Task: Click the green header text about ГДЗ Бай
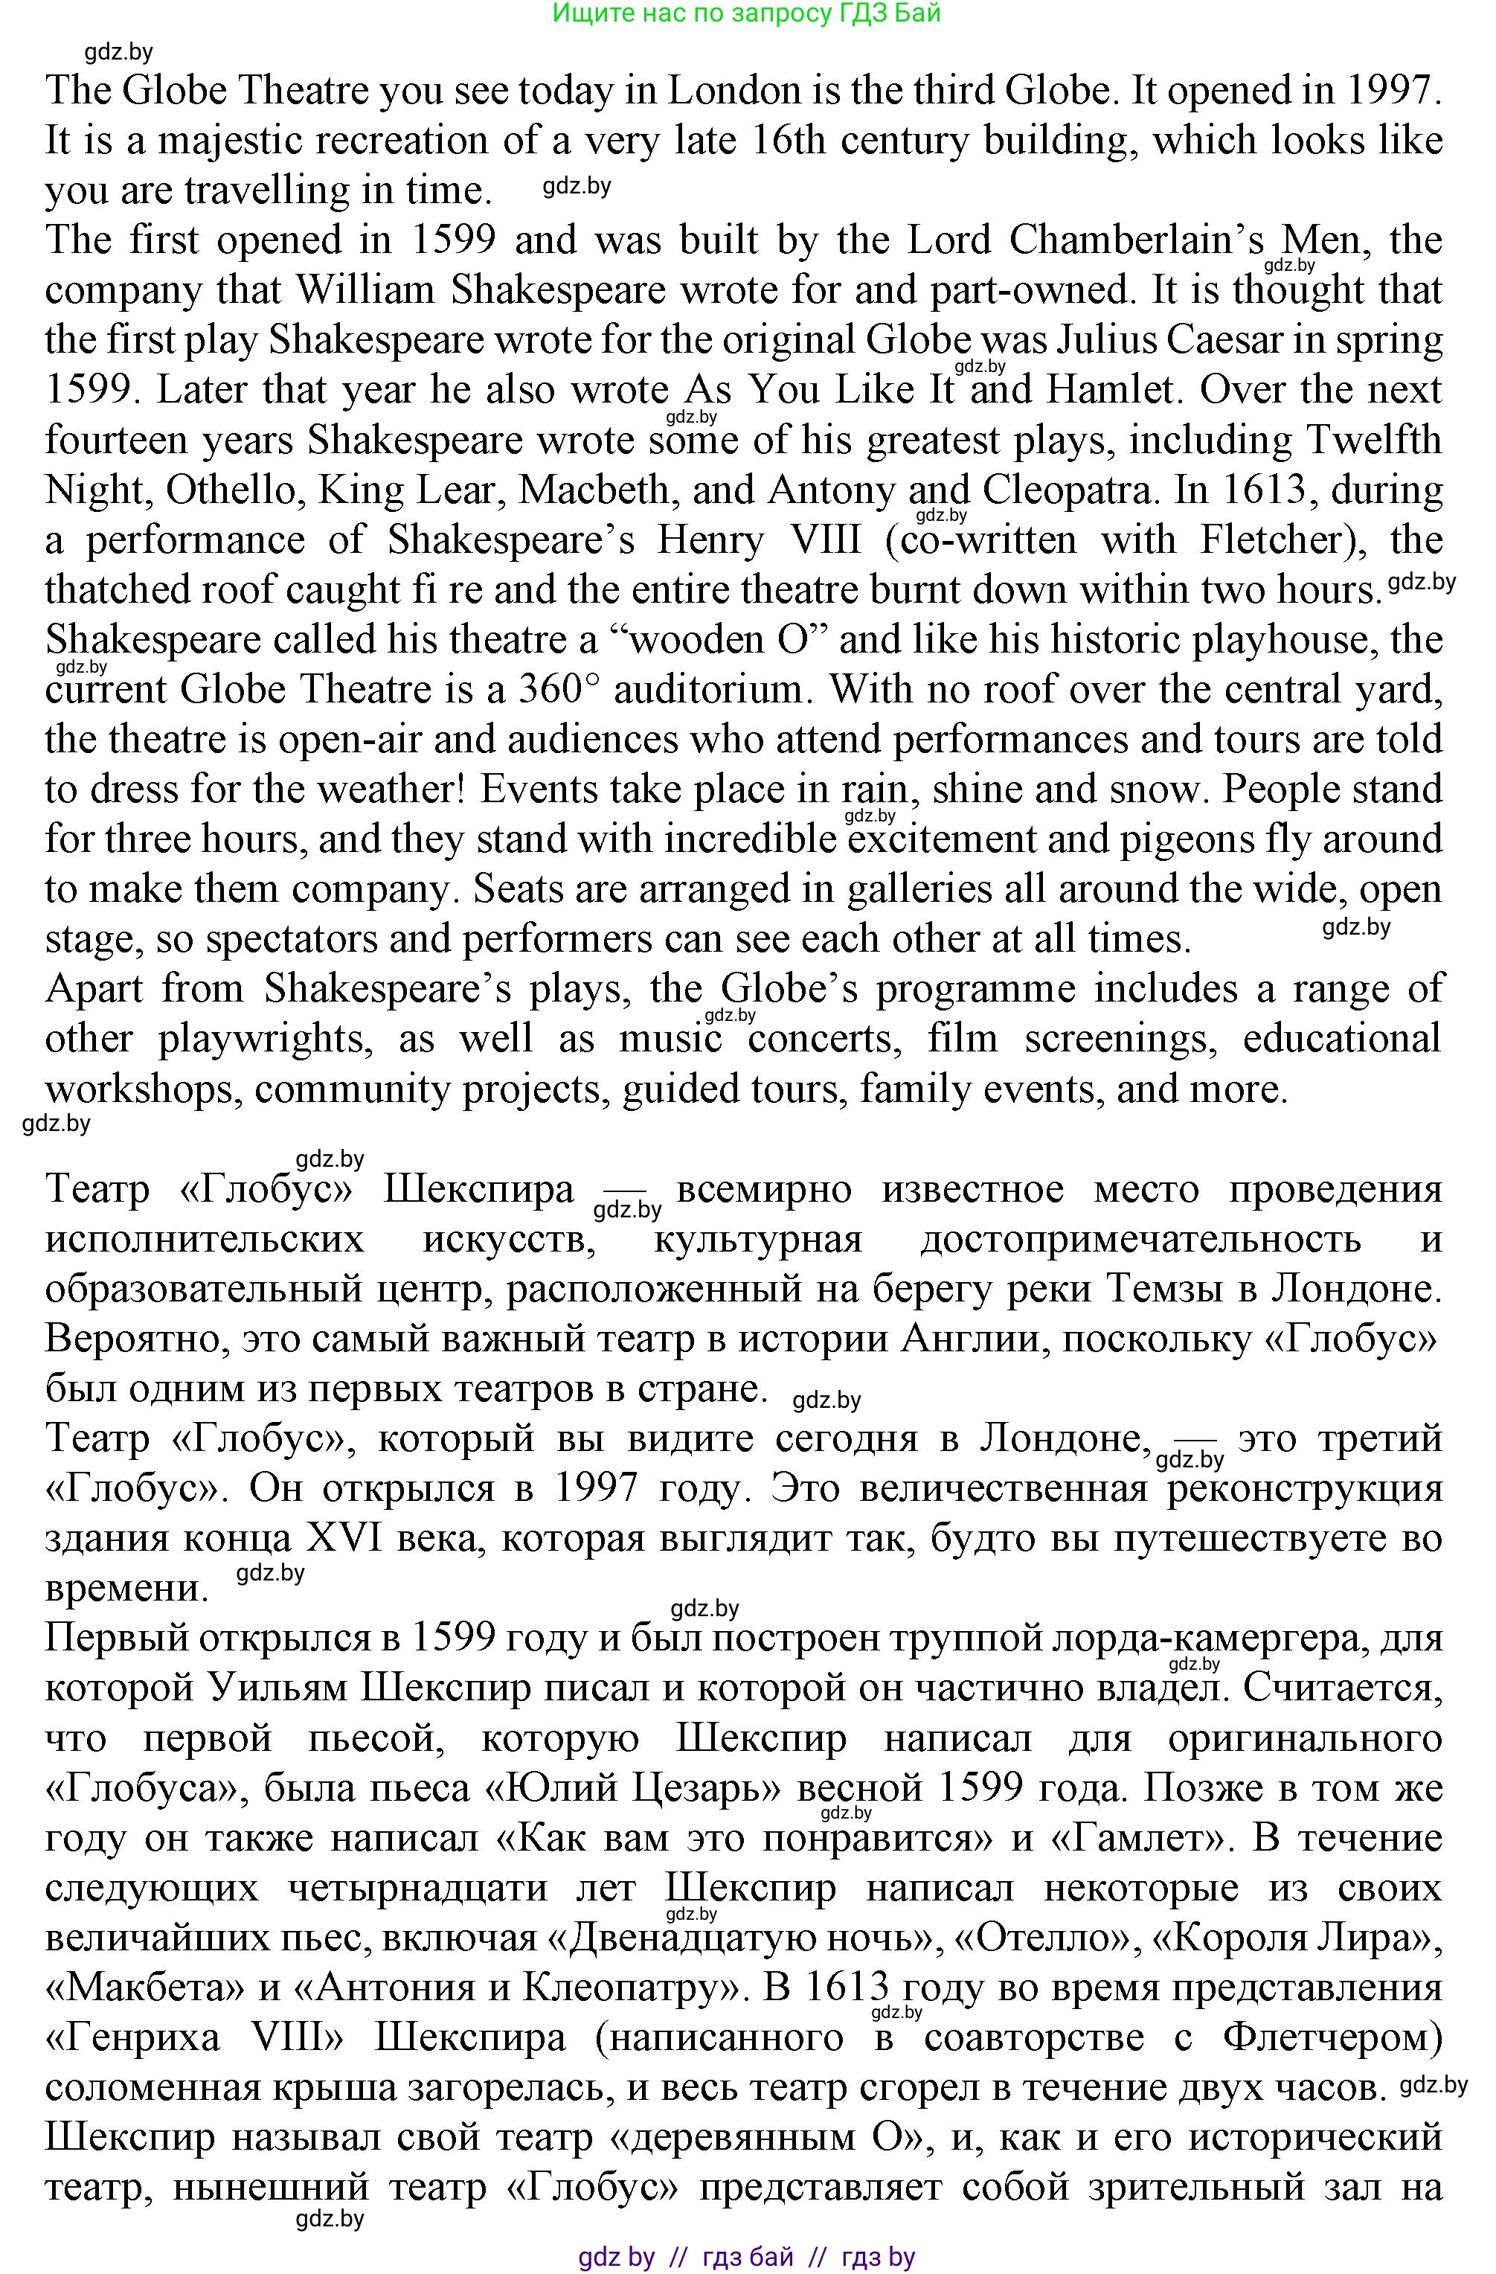(747, 13)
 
